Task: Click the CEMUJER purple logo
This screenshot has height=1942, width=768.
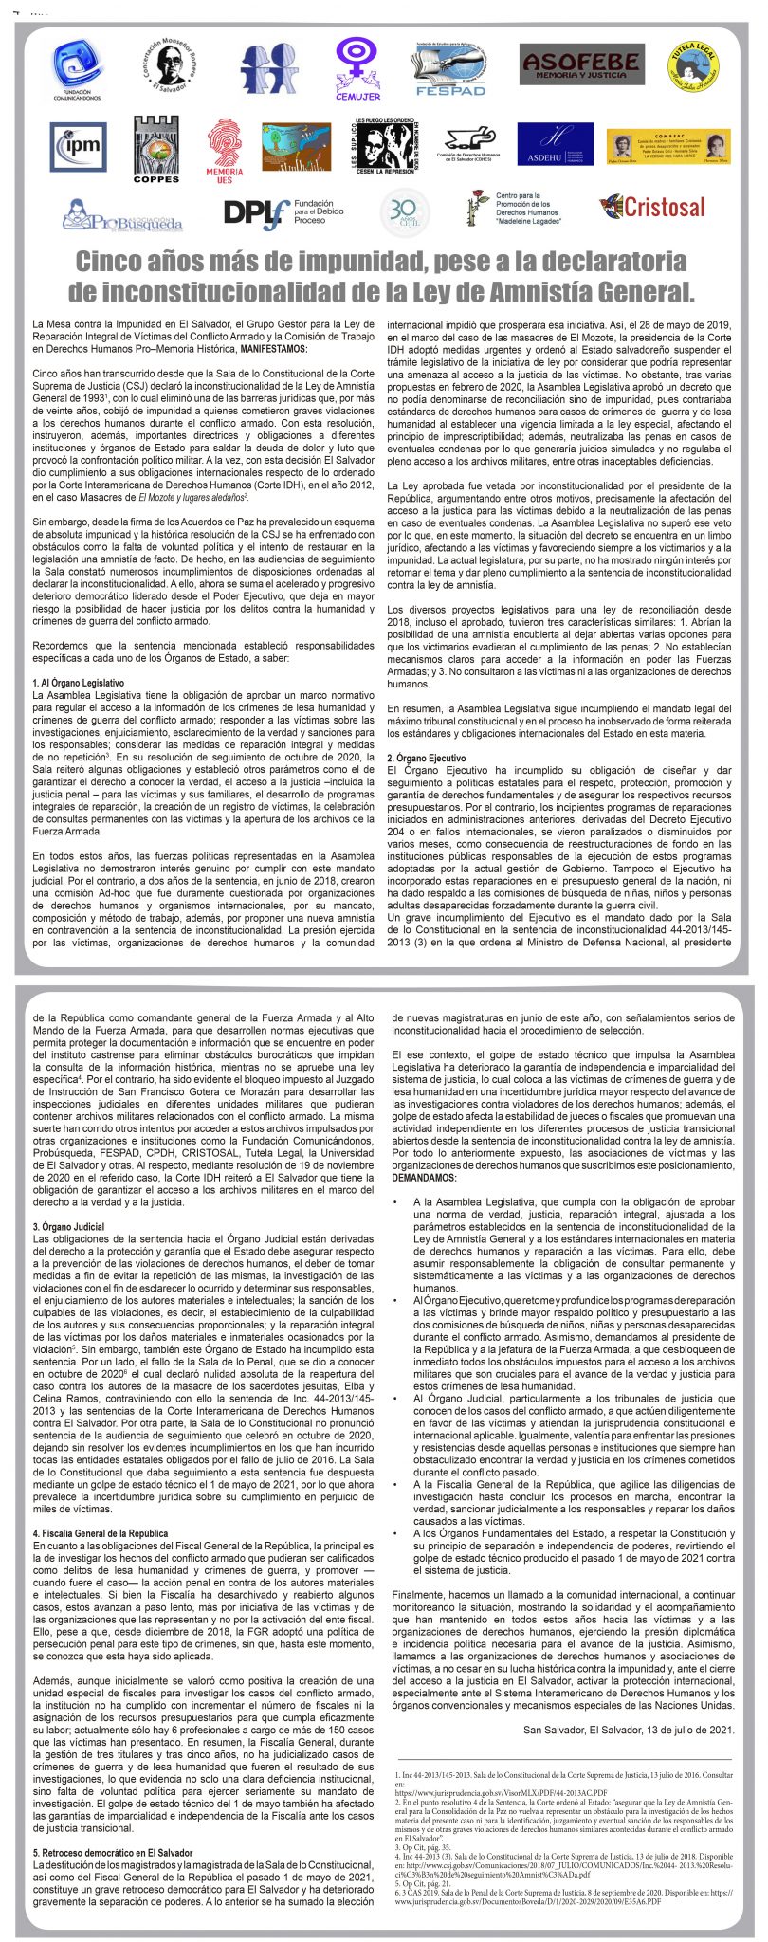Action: pos(357,69)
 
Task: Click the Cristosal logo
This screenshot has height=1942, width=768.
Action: pos(652,208)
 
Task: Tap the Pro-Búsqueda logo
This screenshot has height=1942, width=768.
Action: pos(122,216)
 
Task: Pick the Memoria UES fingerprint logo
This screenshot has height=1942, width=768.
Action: pos(225,149)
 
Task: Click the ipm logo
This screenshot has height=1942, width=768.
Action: pos(78,146)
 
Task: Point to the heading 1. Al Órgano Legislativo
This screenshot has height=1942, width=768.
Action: pos(78,682)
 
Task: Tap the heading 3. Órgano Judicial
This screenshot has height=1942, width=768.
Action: pos(68,1226)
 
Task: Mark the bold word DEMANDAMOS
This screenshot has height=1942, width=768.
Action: pos(424,1177)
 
